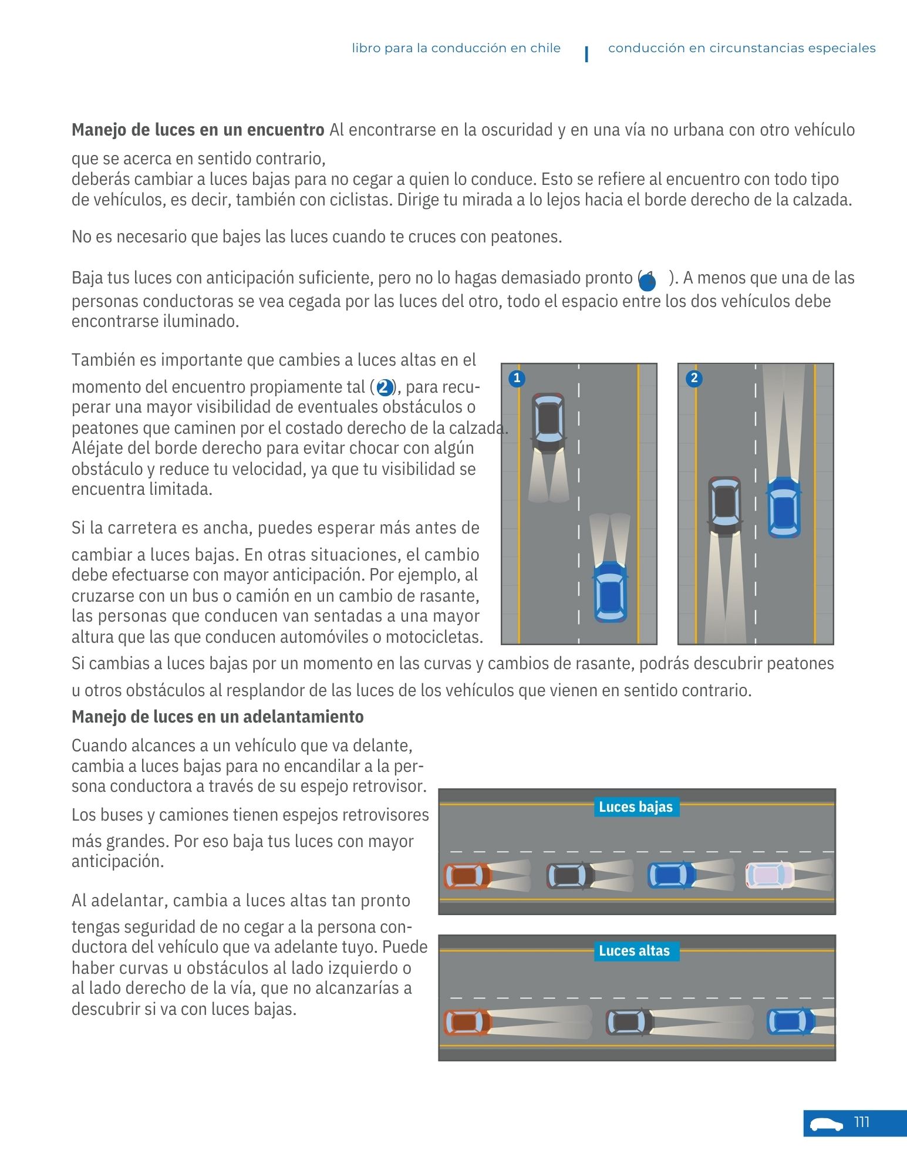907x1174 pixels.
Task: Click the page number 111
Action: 861,1122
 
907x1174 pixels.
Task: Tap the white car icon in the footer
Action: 826,1124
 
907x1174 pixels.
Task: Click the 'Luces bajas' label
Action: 636,807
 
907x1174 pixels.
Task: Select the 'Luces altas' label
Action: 634,951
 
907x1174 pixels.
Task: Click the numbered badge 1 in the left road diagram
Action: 517,378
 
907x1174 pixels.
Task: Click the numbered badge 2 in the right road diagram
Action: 694,378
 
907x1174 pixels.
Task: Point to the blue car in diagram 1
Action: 610,592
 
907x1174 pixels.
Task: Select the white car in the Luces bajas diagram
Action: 770,875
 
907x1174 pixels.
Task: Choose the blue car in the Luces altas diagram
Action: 790,1022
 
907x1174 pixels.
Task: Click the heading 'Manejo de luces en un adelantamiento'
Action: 217,717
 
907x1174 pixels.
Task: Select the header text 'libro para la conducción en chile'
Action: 456,48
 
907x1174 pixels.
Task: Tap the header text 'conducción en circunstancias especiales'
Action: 741,48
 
